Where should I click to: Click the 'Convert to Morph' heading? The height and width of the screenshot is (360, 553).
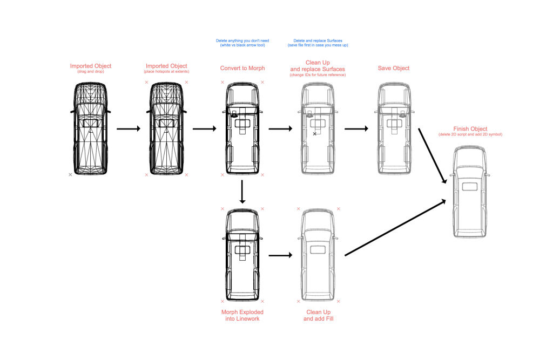(242, 68)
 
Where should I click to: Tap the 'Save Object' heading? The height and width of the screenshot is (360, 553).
(393, 68)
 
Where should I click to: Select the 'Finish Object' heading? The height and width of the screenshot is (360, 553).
(471, 129)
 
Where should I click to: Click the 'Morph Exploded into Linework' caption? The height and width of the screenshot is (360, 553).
(242, 315)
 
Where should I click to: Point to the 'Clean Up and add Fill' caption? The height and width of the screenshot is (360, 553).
(318, 315)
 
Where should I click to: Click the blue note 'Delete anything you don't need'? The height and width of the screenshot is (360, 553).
(242, 40)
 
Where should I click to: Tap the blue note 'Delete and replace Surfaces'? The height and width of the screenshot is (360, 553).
(318, 40)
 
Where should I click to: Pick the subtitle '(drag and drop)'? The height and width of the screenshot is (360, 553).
(90, 72)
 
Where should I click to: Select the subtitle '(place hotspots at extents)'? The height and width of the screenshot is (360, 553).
(166, 72)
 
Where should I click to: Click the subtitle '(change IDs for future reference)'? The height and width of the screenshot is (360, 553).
(318, 74)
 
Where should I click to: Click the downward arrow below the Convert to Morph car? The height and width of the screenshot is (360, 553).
(242, 192)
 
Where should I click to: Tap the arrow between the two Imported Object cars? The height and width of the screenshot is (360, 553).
(129, 128)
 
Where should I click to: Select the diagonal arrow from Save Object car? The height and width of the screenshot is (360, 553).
(433, 155)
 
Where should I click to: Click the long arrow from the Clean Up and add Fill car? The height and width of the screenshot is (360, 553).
(395, 227)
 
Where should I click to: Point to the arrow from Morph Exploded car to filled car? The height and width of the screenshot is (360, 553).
(280, 254)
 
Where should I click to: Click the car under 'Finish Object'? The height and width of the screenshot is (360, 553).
(471, 192)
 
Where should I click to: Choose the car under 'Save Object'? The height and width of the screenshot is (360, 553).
(393, 128)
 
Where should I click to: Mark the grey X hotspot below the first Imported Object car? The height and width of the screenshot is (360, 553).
(70, 175)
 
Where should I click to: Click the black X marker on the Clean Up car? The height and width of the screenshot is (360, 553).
(315, 133)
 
